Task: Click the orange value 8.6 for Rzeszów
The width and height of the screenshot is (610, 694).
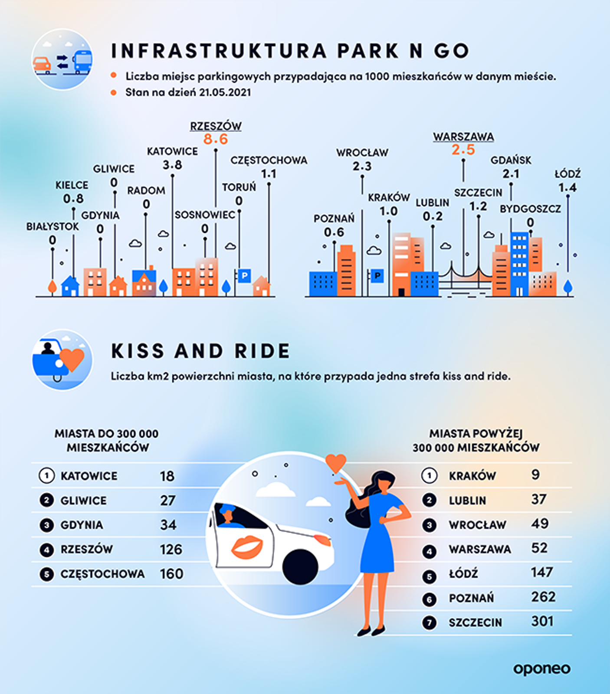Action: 216,139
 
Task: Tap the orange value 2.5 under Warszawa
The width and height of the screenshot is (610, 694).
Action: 463,150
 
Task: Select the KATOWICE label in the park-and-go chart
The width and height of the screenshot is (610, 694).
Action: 172,151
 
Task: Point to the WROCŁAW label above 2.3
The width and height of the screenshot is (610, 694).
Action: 362,153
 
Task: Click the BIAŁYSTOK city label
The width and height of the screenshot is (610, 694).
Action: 52,226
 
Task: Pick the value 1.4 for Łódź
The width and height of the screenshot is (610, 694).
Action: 567,188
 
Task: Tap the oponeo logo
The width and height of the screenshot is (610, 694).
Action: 542,669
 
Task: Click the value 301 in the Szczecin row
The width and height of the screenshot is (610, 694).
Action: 542,621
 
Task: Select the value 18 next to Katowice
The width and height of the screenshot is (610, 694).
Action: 167,476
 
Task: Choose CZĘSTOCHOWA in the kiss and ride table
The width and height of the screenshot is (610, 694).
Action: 102,574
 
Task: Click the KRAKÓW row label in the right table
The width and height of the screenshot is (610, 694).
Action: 472,476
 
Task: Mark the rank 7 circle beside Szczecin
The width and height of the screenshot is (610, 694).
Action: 429,623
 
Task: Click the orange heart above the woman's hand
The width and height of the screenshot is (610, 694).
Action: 335,463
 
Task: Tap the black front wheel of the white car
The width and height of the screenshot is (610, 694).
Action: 300,566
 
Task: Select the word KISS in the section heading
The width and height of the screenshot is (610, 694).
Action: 138,351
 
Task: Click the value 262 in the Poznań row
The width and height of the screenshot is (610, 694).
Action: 543,597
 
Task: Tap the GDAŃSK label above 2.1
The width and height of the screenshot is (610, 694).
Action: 511,160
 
